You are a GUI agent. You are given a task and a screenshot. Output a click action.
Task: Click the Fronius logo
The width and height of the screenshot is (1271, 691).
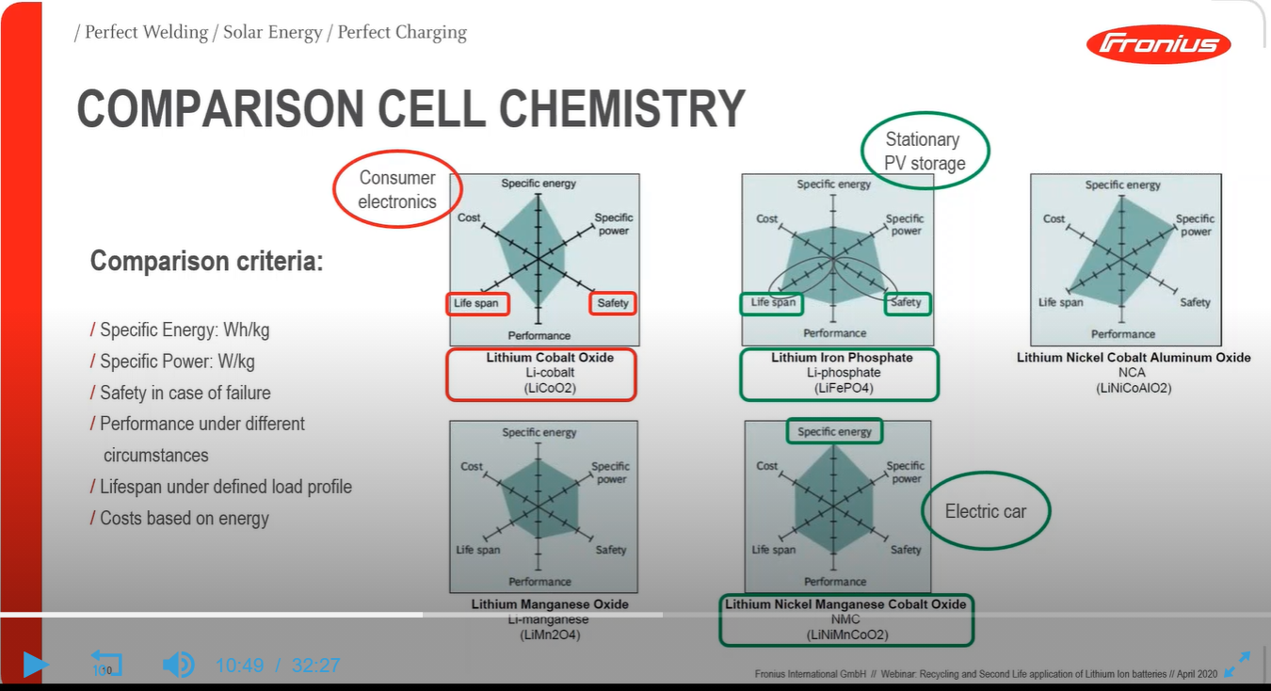click(1158, 43)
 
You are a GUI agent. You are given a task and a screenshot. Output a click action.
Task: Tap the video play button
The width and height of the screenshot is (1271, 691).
click(35, 665)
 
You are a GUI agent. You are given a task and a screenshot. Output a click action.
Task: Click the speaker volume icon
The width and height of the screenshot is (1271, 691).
click(177, 665)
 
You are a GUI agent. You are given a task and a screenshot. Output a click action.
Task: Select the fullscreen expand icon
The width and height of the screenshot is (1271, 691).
click(1236, 664)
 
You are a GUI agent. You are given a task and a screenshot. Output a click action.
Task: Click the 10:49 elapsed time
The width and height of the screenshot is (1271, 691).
click(239, 666)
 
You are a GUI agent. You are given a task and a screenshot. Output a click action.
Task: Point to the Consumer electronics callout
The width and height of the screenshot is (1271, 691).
click(397, 189)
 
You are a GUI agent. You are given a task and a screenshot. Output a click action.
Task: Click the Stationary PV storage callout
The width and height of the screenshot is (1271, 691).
click(925, 151)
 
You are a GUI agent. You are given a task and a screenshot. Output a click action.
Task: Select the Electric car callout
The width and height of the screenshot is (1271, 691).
click(985, 511)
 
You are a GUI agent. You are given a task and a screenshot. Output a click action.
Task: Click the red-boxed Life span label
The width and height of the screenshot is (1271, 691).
click(477, 303)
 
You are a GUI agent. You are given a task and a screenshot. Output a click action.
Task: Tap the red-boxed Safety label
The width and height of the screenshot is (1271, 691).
click(613, 303)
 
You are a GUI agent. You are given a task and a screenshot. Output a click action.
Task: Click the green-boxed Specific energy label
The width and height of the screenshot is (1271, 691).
click(834, 432)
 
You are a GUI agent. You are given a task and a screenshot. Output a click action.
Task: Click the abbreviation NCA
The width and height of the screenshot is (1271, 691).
click(1134, 373)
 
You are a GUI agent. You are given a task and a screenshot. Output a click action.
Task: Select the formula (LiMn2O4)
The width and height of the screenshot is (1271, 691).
click(551, 635)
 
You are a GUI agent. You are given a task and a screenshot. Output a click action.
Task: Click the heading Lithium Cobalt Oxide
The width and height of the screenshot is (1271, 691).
click(550, 358)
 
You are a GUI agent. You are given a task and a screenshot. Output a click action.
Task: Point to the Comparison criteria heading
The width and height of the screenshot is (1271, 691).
click(206, 261)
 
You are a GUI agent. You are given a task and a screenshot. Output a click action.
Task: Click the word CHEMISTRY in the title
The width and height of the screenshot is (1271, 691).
click(622, 109)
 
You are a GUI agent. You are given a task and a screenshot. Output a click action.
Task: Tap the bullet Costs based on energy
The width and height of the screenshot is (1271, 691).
click(185, 519)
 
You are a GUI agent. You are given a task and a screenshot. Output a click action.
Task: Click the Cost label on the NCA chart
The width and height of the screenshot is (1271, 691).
click(1054, 218)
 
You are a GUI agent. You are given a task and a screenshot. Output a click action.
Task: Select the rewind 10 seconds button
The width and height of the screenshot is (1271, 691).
click(105, 664)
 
